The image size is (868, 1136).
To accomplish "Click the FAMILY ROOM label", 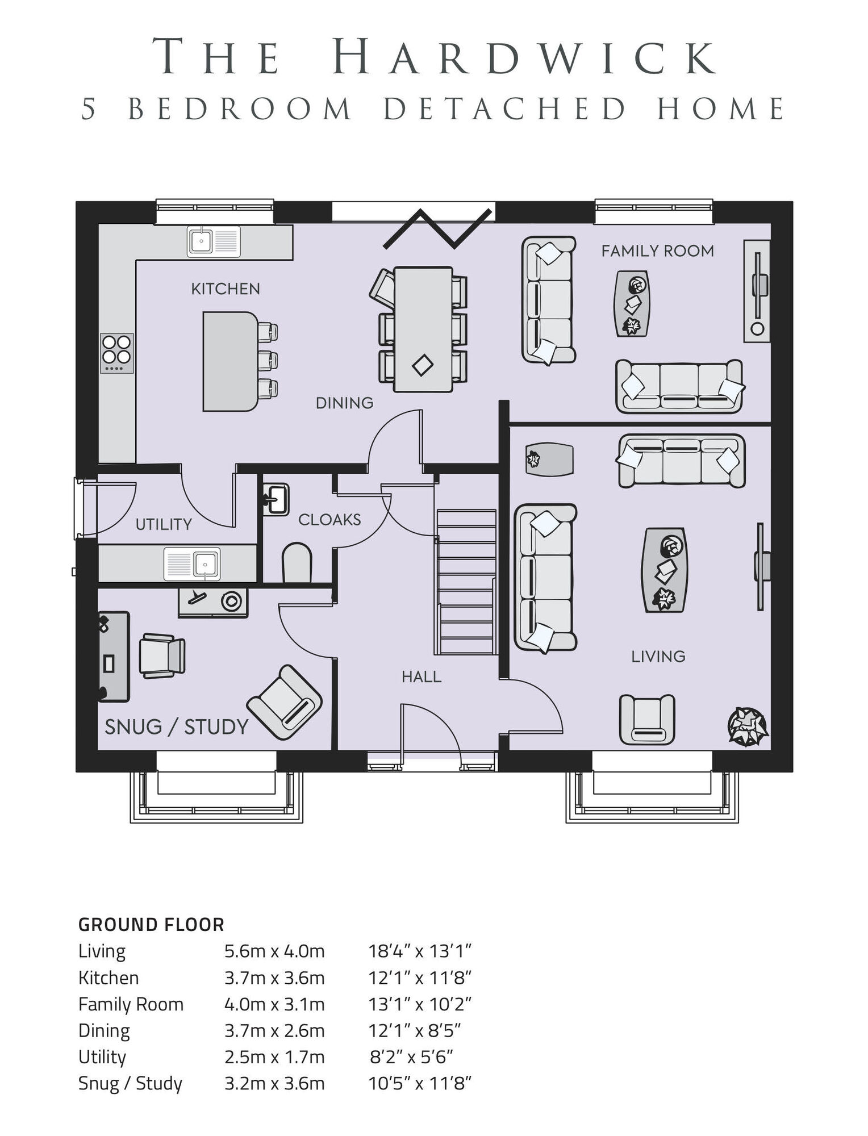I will click(x=657, y=251).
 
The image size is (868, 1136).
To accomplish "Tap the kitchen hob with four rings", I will click(x=117, y=353).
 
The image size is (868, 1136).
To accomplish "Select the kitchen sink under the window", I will click(x=214, y=241).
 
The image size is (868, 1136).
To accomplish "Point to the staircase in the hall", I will click(x=466, y=582).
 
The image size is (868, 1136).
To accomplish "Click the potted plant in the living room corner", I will click(x=747, y=726).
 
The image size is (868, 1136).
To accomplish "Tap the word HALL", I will click(x=421, y=676).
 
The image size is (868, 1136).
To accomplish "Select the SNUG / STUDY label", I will click(x=177, y=727).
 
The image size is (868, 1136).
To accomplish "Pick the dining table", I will click(x=423, y=329).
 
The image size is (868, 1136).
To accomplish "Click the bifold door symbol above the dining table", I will click(x=437, y=228).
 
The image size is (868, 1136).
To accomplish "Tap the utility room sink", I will click(x=192, y=563).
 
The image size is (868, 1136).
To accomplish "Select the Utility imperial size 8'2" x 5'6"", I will click(x=411, y=1056).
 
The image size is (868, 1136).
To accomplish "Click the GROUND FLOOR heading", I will click(x=151, y=925).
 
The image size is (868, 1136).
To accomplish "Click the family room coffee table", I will click(x=632, y=303).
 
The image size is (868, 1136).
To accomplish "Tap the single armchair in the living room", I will click(x=647, y=720).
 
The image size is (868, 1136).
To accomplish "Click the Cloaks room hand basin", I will click(x=277, y=500).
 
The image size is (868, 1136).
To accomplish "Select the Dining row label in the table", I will click(x=104, y=1030).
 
